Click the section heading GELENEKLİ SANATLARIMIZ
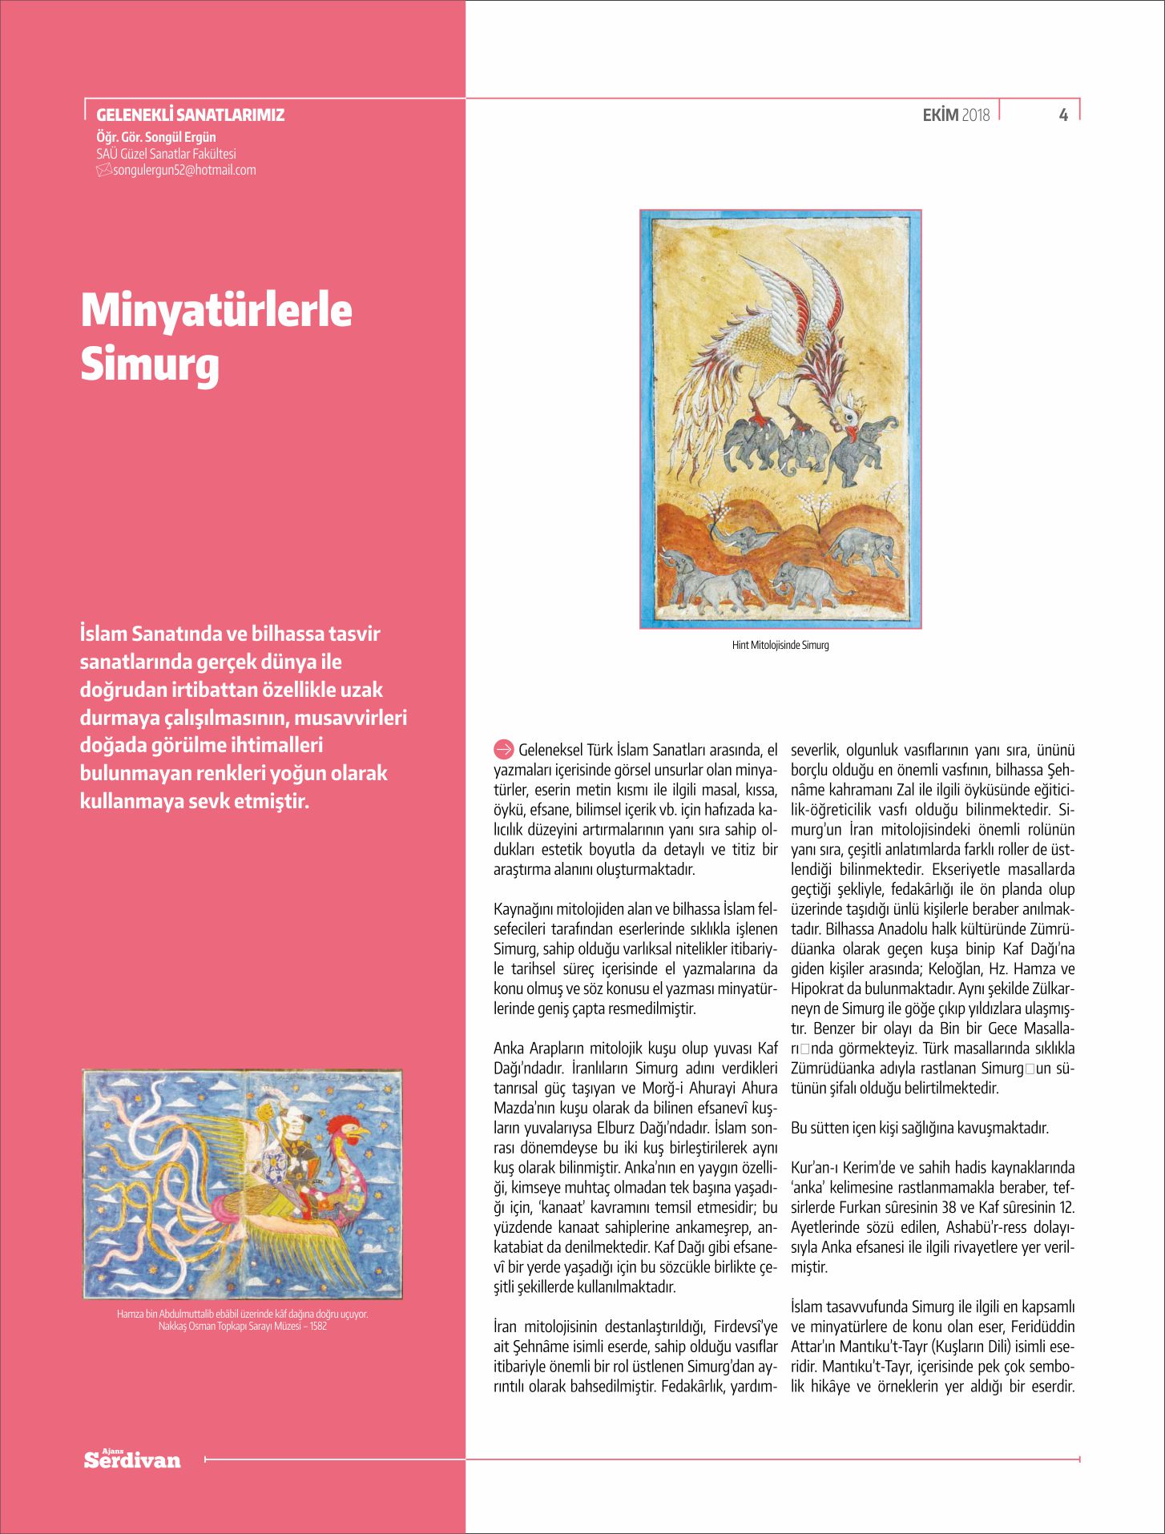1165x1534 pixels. (190, 115)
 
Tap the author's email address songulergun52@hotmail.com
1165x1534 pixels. (184, 170)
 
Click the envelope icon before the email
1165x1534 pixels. (103, 170)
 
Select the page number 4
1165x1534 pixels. (1063, 115)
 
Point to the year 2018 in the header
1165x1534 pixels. (975, 115)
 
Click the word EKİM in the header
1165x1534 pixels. (940, 115)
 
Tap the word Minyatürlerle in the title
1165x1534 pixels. (216, 310)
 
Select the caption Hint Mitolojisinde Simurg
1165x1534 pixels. (780, 645)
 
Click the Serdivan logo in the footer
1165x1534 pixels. (132, 1460)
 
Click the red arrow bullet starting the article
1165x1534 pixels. (503, 750)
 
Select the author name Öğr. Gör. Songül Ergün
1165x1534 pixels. (155, 137)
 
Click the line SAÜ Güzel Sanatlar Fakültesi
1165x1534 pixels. (166, 153)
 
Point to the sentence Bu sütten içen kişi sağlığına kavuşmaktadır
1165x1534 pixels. (919, 1128)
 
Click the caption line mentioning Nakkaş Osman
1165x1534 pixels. (242, 1326)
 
